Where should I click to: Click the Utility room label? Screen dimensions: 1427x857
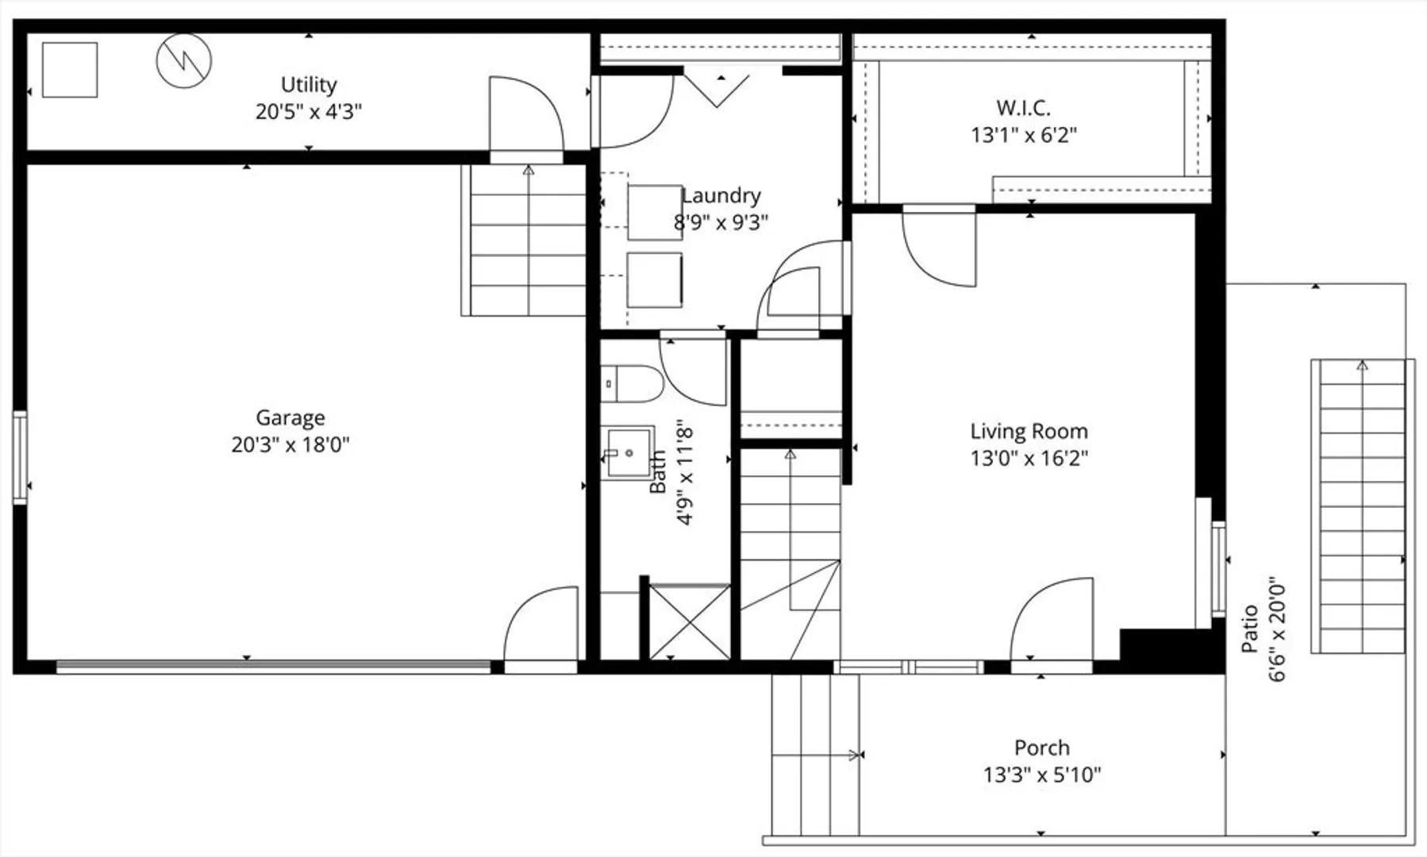pos(309,84)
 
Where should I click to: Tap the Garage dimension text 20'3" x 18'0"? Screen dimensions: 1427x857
pos(290,444)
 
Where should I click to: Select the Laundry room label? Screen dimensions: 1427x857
pos(721,195)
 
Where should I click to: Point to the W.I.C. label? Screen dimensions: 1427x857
pos(1023,107)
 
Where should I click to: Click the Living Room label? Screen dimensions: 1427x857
pos(1029,432)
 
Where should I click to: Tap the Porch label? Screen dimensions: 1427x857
pos(1041,747)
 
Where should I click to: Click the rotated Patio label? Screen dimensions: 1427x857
pos(1250,628)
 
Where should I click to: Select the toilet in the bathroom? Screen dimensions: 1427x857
pos(632,384)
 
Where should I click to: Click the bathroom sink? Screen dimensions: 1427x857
pos(628,453)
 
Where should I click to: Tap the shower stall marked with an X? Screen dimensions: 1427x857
pos(690,621)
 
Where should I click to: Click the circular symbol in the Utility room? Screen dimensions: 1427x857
pos(184,60)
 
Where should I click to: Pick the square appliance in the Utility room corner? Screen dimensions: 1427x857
pos(70,70)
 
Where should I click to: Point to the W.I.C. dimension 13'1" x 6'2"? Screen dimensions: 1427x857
pos(1024,135)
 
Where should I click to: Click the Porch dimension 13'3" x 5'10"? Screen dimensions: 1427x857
pos(1042,774)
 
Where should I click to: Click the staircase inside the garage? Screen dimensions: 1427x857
pos(525,240)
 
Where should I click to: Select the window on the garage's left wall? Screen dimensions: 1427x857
pos(20,457)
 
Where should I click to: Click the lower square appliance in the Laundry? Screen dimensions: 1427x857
pos(655,280)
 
